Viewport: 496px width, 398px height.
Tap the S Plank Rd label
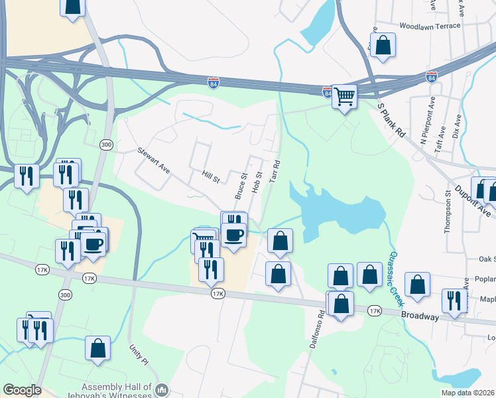click(x=391, y=120)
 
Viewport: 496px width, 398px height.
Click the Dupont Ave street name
click(x=475, y=199)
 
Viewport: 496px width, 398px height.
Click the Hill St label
click(x=211, y=176)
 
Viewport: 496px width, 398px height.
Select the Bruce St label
click(x=240, y=186)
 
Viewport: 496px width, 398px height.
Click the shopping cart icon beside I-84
click(x=344, y=96)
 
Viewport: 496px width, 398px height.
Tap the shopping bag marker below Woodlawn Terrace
click(x=383, y=46)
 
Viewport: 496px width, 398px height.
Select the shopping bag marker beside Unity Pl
click(x=97, y=348)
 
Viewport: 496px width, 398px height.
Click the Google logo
click(x=23, y=391)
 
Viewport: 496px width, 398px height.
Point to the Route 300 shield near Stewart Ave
click(x=105, y=145)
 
